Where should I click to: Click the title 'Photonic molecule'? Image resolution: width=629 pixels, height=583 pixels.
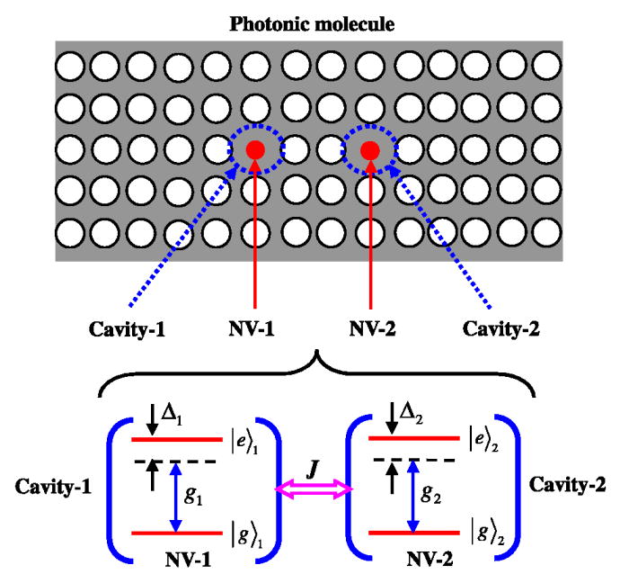[x=313, y=19]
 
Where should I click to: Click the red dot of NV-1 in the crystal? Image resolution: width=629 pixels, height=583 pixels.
[x=254, y=149]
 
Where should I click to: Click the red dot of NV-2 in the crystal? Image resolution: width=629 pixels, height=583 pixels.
[x=369, y=149]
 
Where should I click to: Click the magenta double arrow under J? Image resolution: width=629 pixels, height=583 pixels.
[x=313, y=489]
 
